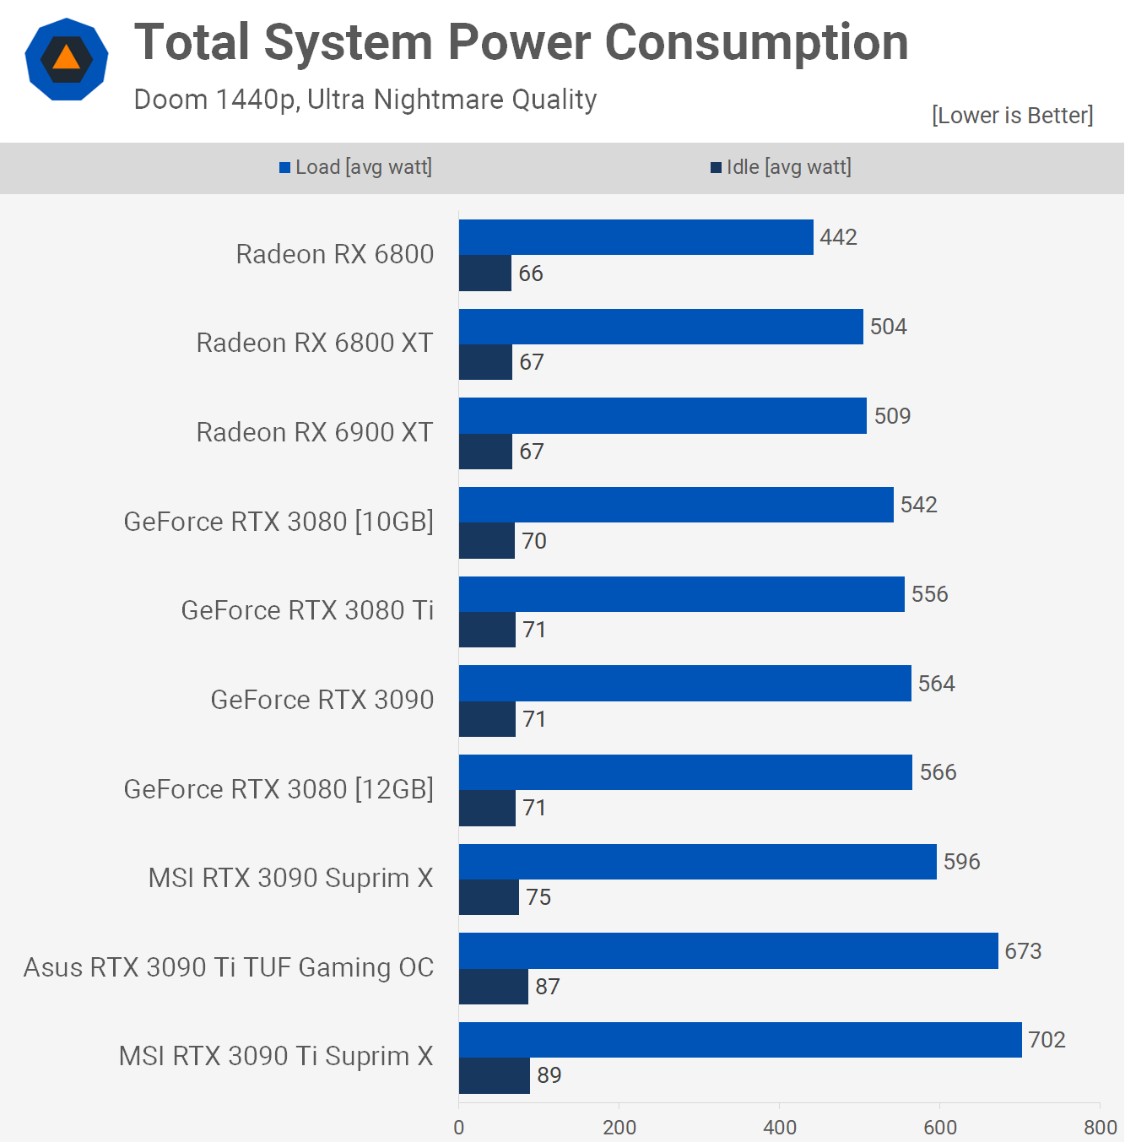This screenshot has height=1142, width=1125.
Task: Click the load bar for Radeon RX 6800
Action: (636, 237)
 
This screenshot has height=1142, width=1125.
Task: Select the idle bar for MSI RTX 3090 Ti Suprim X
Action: (495, 1075)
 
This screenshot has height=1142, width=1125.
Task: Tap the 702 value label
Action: (1047, 1040)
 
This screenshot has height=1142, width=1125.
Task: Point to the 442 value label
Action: (838, 237)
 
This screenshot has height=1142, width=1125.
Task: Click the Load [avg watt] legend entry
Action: (355, 167)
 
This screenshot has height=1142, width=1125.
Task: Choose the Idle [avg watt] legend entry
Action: (781, 167)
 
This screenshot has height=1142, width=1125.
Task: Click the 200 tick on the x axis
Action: (619, 1127)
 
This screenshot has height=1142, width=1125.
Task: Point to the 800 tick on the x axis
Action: (1100, 1127)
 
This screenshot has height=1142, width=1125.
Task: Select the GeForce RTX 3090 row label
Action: (322, 700)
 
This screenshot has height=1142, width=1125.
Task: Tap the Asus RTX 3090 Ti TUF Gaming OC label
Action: (229, 967)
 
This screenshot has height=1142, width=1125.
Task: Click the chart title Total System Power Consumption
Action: (521, 42)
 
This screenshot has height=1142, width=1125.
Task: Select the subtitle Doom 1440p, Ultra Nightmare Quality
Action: (365, 100)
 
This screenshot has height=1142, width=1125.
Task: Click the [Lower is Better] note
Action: (1012, 115)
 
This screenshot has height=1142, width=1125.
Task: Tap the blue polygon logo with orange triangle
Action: (67, 59)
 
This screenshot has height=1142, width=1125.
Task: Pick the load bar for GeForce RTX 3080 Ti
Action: (681, 594)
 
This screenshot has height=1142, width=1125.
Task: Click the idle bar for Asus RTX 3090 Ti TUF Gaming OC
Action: (494, 987)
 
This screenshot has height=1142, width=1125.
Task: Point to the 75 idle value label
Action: (538, 897)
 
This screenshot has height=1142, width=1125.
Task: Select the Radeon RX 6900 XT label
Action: (314, 432)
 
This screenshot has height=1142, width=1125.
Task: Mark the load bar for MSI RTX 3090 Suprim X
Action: (697, 862)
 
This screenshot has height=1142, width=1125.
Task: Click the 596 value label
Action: (961, 862)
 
